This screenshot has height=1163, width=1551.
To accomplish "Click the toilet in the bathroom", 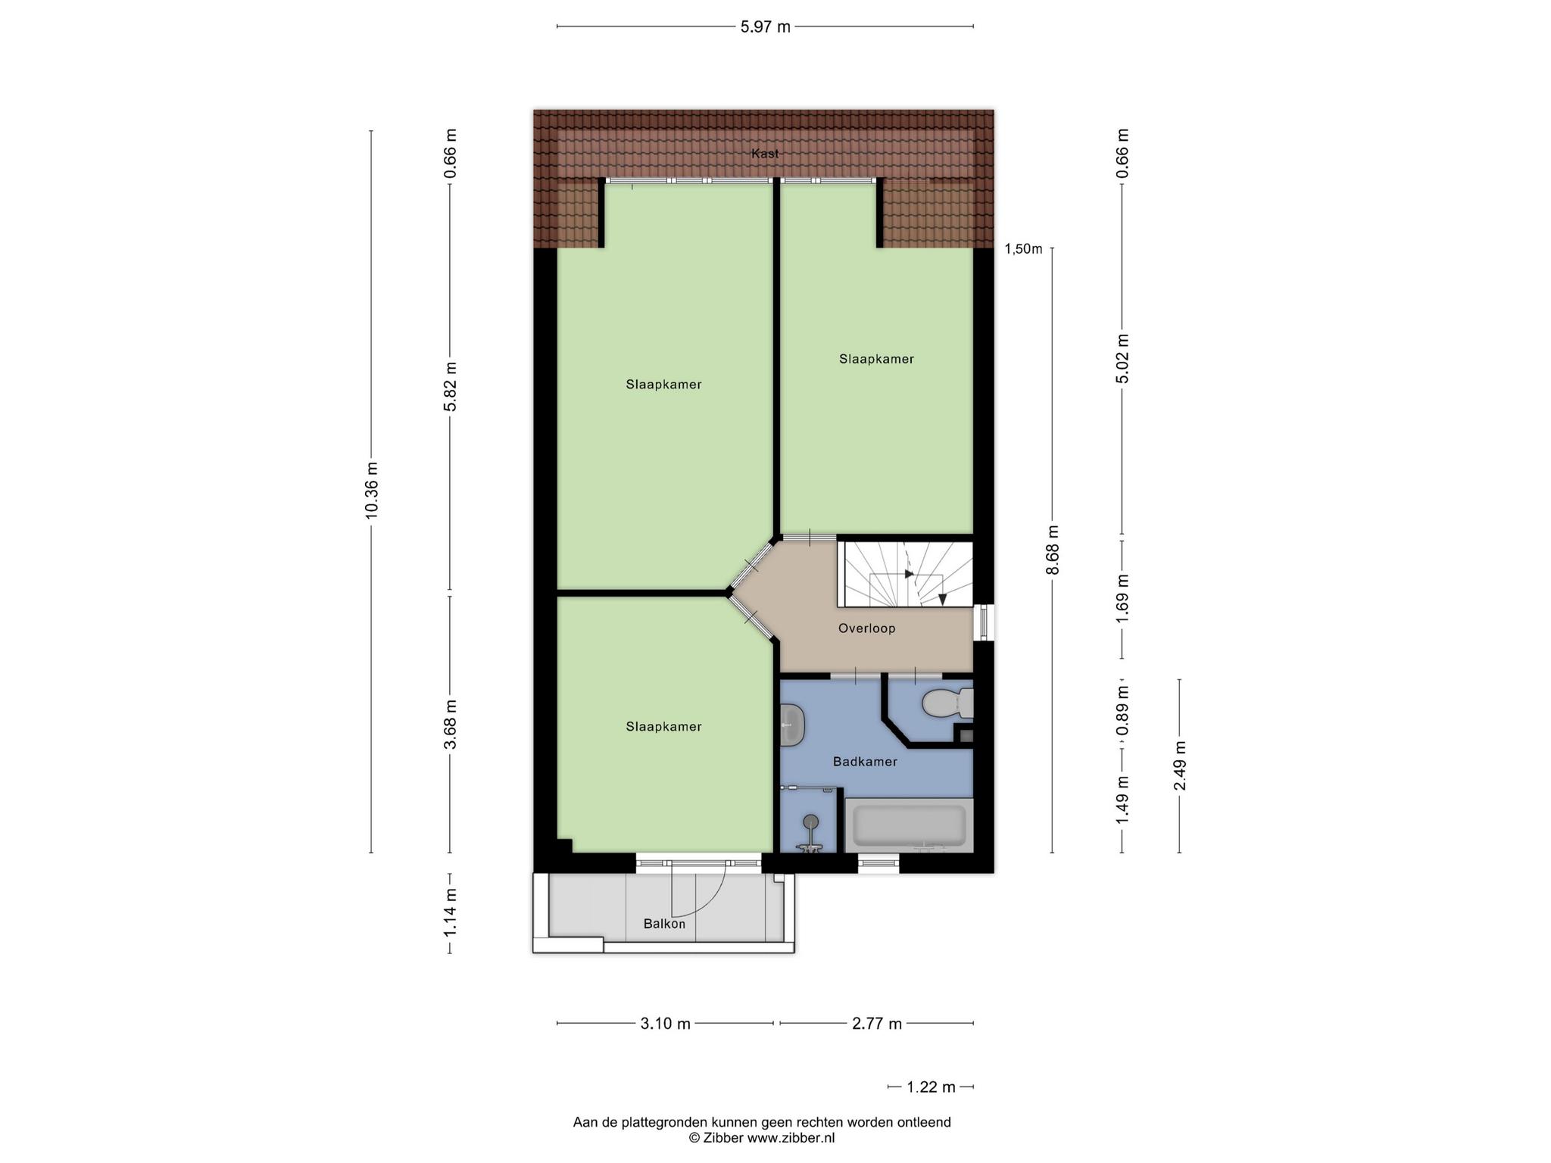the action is (947, 703).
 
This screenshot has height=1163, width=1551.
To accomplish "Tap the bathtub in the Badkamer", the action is (909, 825).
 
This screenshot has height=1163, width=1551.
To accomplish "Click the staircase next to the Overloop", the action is (905, 573).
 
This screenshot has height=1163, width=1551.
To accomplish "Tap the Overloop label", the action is (866, 628).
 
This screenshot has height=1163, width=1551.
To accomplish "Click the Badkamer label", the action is (865, 762).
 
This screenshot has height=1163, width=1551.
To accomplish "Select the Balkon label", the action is (664, 924).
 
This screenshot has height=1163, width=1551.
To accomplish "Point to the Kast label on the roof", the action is (765, 154).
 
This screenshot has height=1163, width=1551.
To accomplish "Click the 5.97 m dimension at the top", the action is (765, 27).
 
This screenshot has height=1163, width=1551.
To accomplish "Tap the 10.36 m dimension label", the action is (371, 490).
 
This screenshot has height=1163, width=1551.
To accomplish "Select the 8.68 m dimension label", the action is (1052, 550).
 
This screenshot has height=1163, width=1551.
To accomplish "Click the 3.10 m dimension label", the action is (665, 1024).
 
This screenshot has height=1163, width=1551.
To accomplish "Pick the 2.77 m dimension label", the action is (877, 1024).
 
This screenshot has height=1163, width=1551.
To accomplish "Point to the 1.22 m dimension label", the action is (932, 1087).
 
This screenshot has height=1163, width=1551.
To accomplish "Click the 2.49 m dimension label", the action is (1179, 765).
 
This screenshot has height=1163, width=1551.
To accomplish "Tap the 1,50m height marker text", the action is (1023, 249).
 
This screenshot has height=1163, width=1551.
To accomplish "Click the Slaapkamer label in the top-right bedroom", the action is (876, 359).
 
